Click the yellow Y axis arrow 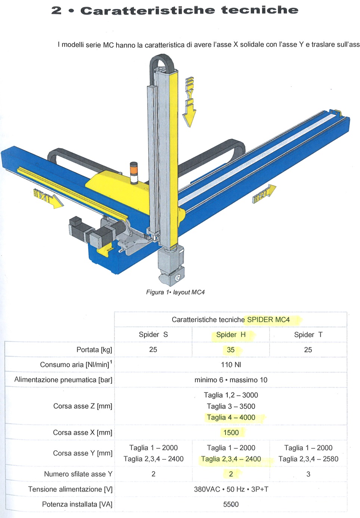click(x=189, y=102)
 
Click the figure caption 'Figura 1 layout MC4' click(x=176, y=292)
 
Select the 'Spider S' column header click(x=153, y=334)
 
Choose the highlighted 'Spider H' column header click(x=231, y=334)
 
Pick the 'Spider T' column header click(x=308, y=334)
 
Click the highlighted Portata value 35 click(x=231, y=350)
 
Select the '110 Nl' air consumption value click(x=231, y=365)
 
